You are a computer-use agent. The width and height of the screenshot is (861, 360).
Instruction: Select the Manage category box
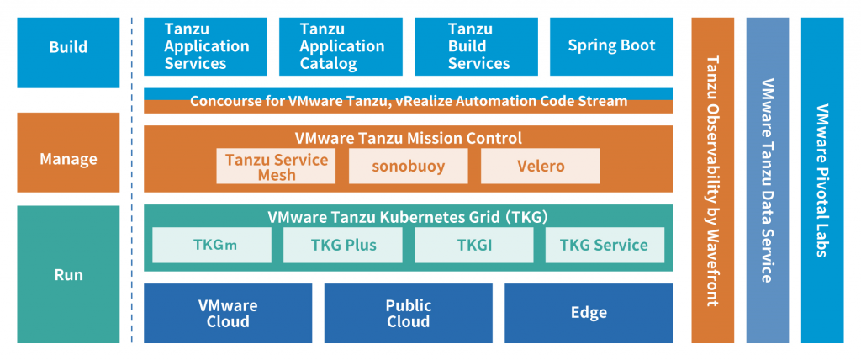[x=68, y=159]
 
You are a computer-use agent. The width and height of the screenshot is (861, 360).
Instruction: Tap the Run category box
[x=68, y=275]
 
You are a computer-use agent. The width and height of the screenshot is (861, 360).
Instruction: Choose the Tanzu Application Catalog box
[x=341, y=46]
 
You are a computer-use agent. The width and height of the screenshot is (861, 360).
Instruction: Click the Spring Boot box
[x=611, y=46]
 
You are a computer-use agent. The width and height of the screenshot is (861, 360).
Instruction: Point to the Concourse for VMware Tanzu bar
[x=409, y=101]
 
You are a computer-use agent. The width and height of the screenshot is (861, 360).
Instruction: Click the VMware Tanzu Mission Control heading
[x=409, y=138]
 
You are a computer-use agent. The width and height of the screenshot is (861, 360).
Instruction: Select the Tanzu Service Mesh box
[x=276, y=167]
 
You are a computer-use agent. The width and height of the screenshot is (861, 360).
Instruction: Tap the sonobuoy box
[x=408, y=167]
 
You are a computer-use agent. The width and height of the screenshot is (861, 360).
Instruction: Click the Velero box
[x=540, y=167]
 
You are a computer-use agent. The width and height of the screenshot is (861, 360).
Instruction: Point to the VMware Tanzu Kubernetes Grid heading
[x=409, y=216]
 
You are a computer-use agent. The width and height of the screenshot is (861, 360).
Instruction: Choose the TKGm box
[x=212, y=246]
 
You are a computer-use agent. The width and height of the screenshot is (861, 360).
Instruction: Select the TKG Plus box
[x=342, y=246]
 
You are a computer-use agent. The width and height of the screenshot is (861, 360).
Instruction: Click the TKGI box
[x=473, y=246]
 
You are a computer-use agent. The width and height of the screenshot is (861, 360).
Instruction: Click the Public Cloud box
[x=409, y=313]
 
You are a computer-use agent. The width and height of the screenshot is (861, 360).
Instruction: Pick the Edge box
[x=589, y=313]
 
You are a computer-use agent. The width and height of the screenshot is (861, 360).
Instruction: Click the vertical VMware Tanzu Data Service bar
[x=767, y=180]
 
